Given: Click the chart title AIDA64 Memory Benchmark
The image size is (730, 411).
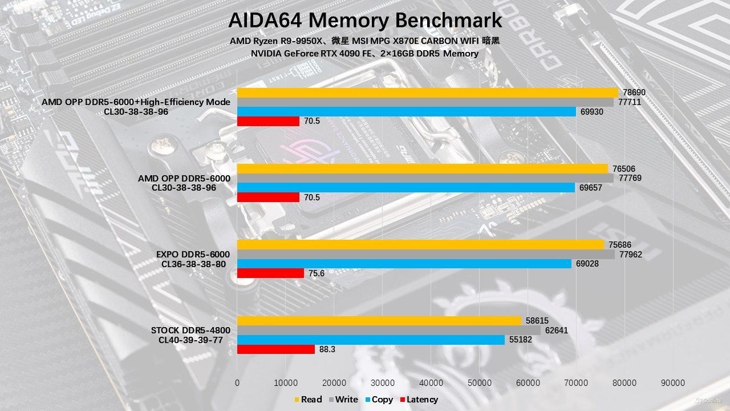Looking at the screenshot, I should pos(365,21).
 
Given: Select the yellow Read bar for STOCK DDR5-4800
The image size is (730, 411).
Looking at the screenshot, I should pos(379,321).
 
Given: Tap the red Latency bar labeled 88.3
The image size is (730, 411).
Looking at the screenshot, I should pos(275,349).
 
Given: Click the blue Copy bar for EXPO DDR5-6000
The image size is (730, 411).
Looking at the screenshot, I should pos(404,264).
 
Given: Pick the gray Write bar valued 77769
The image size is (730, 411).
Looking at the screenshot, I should pos(425,178).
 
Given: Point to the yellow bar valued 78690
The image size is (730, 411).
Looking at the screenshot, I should pos(427,92).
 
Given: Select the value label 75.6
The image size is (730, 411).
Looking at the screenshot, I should pos(317,273).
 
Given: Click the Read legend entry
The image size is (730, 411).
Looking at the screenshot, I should pos(308,400).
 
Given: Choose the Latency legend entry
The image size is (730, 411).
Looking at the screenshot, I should pos(419,400).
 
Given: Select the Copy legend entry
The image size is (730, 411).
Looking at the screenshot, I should pos(379,400).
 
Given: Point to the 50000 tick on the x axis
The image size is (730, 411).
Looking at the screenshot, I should pos(479,383).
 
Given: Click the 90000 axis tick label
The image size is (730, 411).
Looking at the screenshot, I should pos(673,383).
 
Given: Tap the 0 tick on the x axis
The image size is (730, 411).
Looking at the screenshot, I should pos(237,383).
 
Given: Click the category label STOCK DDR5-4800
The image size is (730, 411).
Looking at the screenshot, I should pos(190,331).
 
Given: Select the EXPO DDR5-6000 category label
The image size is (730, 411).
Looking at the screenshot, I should pos(193,255).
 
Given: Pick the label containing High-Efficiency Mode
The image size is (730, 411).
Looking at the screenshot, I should pos(136,102).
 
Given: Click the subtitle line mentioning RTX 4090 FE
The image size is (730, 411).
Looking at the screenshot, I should pos(364,53).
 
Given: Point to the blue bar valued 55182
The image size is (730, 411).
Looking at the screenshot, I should pos(371,340).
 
